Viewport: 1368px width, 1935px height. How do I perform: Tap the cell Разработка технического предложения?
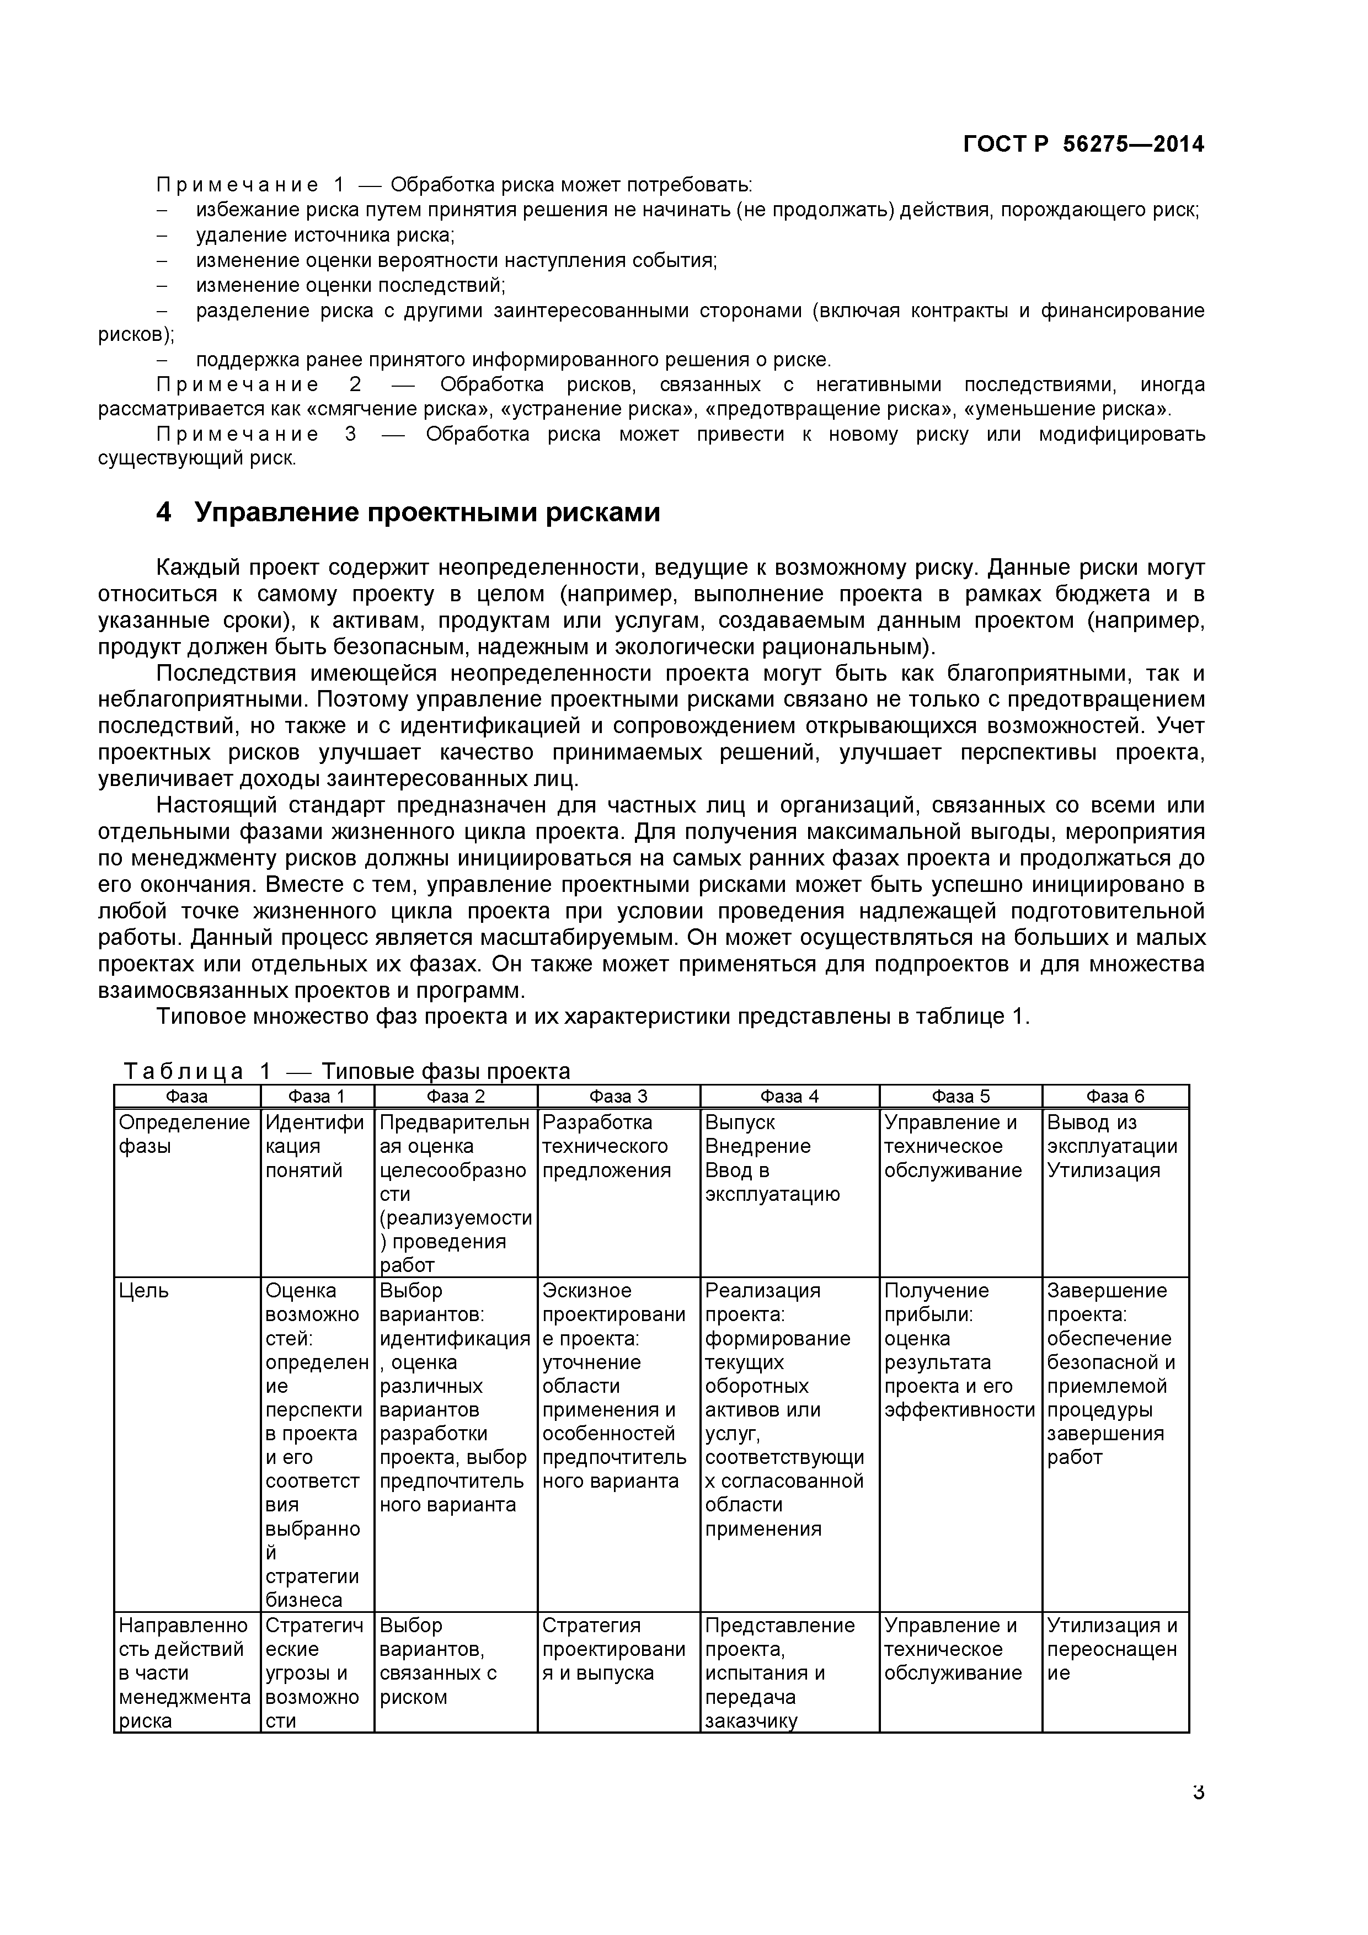click(x=607, y=1146)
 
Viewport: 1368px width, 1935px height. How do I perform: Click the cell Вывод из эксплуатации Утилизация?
click(x=1111, y=1146)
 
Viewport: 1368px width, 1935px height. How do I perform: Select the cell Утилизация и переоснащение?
click(x=1111, y=1649)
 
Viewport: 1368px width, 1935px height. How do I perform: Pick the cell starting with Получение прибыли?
click(x=958, y=1351)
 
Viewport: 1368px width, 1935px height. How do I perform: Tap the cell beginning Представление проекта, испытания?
click(x=779, y=1673)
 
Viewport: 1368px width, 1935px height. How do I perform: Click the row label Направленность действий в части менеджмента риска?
click(x=184, y=1673)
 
